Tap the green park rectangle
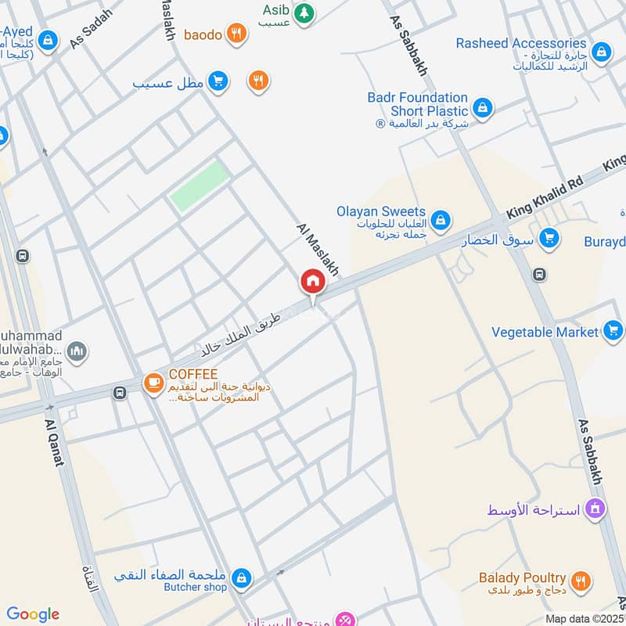(200, 185)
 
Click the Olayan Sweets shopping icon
(441, 219)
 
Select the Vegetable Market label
(545, 332)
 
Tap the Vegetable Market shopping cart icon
(612, 332)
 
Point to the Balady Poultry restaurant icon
(580, 580)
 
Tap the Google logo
(33, 614)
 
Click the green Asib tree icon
(304, 13)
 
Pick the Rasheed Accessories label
(521, 44)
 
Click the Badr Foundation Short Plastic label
(417, 105)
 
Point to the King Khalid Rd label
(545, 196)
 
